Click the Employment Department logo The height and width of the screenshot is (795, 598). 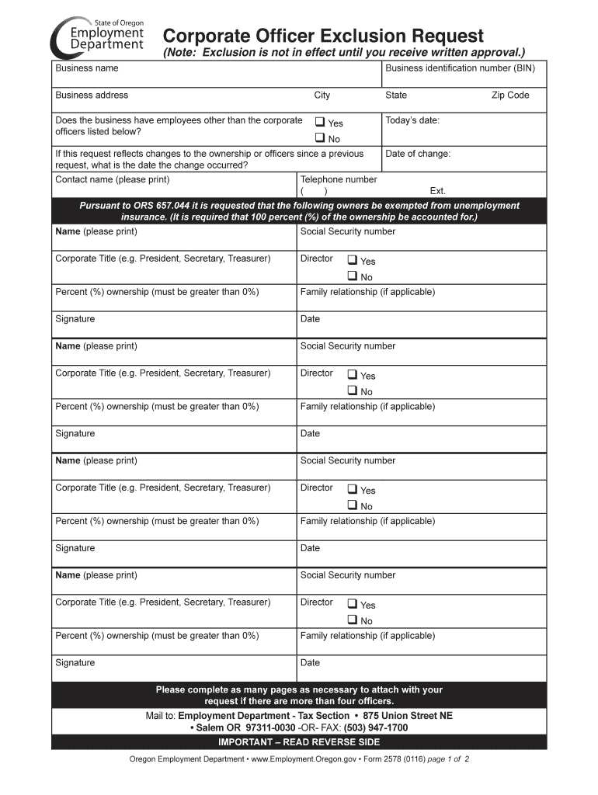[x=98, y=36]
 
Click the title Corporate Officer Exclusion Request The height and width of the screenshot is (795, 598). [x=322, y=36]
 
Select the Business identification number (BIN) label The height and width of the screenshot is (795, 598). [x=460, y=68]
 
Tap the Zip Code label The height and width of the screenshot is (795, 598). [x=509, y=95]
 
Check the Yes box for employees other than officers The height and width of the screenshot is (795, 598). [x=319, y=122]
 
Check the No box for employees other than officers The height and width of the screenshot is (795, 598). [x=319, y=138]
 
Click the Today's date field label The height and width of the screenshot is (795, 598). [x=412, y=120]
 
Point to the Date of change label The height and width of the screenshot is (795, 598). [x=417, y=154]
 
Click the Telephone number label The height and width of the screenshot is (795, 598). [x=339, y=179]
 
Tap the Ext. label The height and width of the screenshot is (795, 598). [x=437, y=191]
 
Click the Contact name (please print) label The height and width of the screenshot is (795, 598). [x=112, y=179]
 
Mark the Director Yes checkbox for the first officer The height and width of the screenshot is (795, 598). [x=352, y=260]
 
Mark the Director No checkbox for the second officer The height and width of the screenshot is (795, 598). [x=352, y=391]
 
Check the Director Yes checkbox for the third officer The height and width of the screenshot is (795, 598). [x=352, y=489]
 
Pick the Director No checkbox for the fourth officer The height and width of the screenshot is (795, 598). [x=352, y=620]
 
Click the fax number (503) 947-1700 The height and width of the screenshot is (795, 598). [x=377, y=727]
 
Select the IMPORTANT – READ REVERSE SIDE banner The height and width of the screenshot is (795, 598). [x=299, y=742]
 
